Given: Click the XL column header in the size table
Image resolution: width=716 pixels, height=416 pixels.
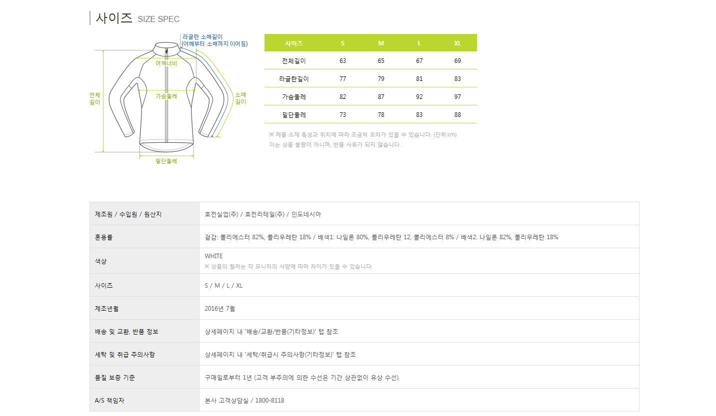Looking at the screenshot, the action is (x=457, y=43).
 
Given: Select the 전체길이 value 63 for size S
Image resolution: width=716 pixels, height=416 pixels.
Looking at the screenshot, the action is (x=342, y=60).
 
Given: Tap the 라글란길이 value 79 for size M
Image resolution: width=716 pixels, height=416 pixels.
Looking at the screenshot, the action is (x=381, y=78).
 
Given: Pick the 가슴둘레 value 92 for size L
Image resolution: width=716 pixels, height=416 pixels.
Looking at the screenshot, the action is (x=419, y=96).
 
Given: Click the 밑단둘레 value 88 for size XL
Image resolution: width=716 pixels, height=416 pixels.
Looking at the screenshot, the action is (x=457, y=115).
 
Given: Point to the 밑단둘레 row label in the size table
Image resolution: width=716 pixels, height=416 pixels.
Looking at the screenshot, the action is (x=294, y=115).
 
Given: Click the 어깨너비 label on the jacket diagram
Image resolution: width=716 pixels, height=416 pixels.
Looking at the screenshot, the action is (x=166, y=63).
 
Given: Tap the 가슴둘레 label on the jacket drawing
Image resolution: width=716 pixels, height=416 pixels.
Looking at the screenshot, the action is (x=166, y=96).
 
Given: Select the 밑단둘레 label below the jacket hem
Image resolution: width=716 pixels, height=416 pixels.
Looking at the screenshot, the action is (x=166, y=161).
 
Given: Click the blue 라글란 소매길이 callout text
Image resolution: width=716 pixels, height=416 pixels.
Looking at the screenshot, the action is (x=214, y=40).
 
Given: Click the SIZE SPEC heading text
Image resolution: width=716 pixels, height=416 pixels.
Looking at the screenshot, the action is (x=158, y=19).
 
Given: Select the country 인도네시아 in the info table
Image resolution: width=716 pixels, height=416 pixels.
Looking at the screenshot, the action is (x=306, y=214).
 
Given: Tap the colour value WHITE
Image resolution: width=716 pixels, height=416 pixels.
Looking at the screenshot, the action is (x=213, y=256).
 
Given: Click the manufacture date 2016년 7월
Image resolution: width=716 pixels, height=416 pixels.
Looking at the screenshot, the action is (x=219, y=309).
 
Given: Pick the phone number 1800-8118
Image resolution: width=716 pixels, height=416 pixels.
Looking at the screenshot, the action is (x=269, y=401).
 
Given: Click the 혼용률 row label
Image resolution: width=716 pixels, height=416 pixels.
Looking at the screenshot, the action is (x=103, y=237).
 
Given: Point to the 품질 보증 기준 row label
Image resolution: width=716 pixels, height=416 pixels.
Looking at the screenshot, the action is (x=115, y=378).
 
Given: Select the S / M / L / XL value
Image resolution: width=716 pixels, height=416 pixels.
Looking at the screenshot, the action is (x=223, y=286).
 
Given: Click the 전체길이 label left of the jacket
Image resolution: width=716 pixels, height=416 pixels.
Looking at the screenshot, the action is (x=94, y=99).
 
